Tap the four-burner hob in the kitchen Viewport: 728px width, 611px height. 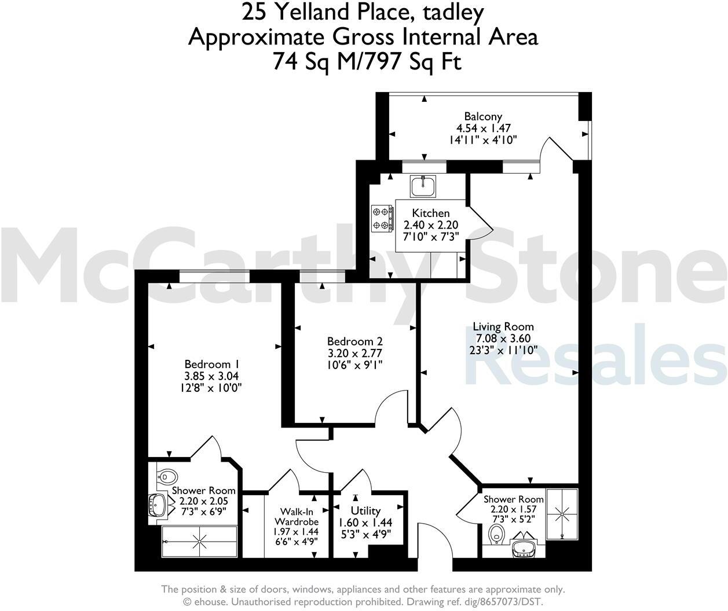pyautogui.click(x=382, y=219)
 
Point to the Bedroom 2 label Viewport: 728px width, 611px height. pyautogui.click(x=354, y=341)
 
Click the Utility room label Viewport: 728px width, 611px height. pyautogui.click(x=365, y=510)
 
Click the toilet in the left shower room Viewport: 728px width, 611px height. pyautogui.click(x=166, y=477)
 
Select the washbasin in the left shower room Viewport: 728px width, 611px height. pyautogui.click(x=157, y=505)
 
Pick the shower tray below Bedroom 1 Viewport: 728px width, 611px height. pyautogui.click(x=199, y=541)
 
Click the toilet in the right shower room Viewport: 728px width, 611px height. pyautogui.click(x=496, y=535)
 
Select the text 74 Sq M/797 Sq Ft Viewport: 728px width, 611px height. pyautogui.click(x=367, y=61)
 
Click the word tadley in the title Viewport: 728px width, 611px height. pyautogui.click(x=449, y=12)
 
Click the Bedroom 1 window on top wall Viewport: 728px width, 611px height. pyautogui.click(x=214, y=277)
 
